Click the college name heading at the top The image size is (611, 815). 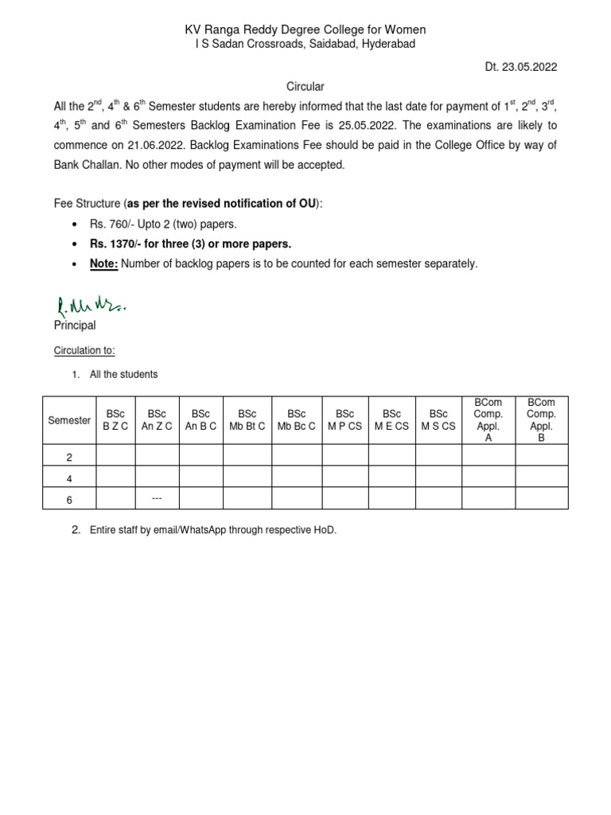(x=305, y=29)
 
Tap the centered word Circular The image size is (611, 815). (x=305, y=86)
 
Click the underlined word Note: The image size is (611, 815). (x=103, y=263)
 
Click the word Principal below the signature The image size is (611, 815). (x=75, y=326)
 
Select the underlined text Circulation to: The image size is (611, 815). (x=84, y=350)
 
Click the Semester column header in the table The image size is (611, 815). (x=69, y=420)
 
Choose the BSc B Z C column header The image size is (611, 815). (x=115, y=420)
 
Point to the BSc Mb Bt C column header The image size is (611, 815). (x=247, y=420)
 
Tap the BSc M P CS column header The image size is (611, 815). (x=344, y=420)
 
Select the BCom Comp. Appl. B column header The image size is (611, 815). (x=541, y=420)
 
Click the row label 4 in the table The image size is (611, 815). (x=69, y=478)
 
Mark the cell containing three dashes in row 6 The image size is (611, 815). (x=157, y=498)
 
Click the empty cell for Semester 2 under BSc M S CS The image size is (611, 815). (x=438, y=455)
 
